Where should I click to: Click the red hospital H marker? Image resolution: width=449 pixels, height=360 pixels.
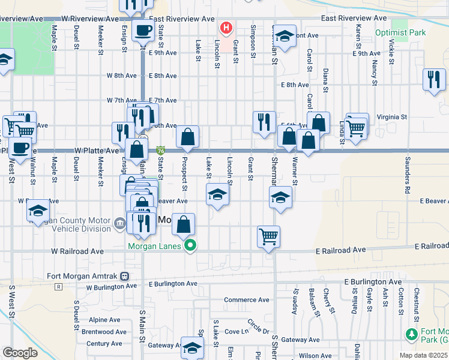click(x=226, y=28)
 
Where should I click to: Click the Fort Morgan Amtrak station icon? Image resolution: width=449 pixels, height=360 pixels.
click(x=124, y=277)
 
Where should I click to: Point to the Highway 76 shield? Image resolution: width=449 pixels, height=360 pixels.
click(x=160, y=151)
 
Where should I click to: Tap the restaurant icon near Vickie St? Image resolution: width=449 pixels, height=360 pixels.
click(x=434, y=80)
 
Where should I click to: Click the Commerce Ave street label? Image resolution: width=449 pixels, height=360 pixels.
click(x=247, y=299)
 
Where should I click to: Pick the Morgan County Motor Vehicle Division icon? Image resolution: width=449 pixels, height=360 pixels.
click(x=119, y=226)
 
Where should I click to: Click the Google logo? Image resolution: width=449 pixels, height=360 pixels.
click(x=20, y=352)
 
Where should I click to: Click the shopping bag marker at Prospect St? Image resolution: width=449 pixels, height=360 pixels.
click(x=188, y=137)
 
